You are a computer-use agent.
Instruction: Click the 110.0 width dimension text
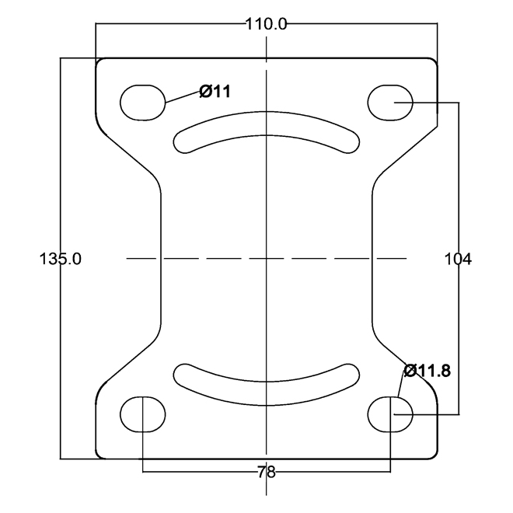266,24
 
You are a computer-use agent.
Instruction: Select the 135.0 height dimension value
60,259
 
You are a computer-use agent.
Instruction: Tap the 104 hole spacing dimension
458,259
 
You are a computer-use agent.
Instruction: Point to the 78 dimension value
267,472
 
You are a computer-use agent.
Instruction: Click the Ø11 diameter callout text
215,91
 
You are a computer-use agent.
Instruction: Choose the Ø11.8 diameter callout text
427,371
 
